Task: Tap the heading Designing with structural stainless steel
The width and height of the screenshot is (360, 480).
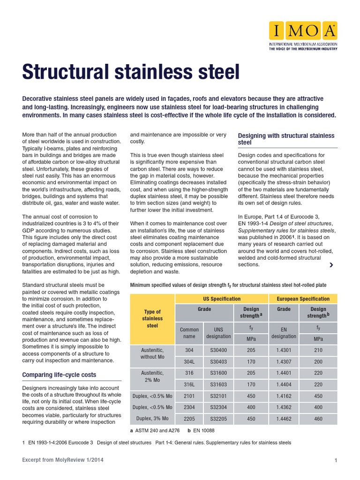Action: (x=286, y=139)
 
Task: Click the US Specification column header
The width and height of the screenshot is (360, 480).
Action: (x=222, y=299)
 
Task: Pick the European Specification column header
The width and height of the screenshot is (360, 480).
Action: (x=303, y=299)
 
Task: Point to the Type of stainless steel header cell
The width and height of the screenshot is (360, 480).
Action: (x=152, y=318)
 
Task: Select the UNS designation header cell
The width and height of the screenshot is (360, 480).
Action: (x=219, y=333)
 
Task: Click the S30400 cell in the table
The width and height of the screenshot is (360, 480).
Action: (x=219, y=350)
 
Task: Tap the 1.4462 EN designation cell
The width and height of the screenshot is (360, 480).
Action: (x=284, y=418)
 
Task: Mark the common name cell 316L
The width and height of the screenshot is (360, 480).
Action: (x=189, y=384)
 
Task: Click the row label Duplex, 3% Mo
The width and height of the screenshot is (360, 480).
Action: (x=152, y=418)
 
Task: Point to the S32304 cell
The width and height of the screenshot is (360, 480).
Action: (x=219, y=407)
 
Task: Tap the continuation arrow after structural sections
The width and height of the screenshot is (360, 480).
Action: (x=331, y=265)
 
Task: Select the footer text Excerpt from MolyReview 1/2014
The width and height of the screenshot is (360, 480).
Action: (x=63, y=460)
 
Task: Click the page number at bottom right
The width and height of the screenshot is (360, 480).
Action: (x=336, y=461)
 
